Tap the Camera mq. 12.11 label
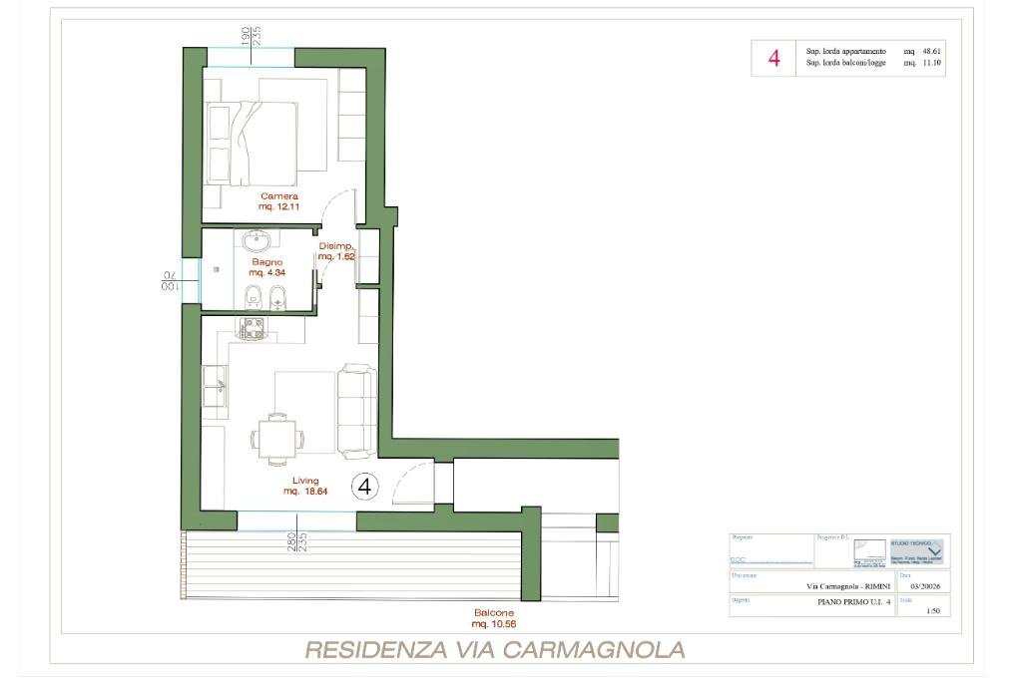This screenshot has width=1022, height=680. pyautogui.click(x=279, y=201)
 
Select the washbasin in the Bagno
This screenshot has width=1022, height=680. pyautogui.click(x=258, y=240)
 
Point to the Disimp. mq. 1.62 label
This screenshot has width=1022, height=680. pyautogui.click(x=336, y=251)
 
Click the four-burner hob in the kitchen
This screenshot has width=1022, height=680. pyautogui.click(x=252, y=328)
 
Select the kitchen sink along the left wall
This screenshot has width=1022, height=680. pyautogui.click(x=215, y=385)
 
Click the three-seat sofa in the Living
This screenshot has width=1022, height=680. pyautogui.click(x=356, y=409)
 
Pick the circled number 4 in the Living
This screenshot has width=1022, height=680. pyautogui.click(x=365, y=487)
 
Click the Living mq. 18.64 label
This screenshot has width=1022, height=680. pyautogui.click(x=305, y=486)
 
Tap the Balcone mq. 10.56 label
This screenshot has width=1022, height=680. pyautogui.click(x=494, y=617)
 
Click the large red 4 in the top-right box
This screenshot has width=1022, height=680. pyautogui.click(x=773, y=58)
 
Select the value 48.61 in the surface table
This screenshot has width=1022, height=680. pyautogui.click(x=929, y=51)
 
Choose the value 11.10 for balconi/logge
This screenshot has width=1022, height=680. pyautogui.click(x=929, y=63)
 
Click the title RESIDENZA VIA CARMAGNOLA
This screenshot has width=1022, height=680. pyautogui.click(x=494, y=650)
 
